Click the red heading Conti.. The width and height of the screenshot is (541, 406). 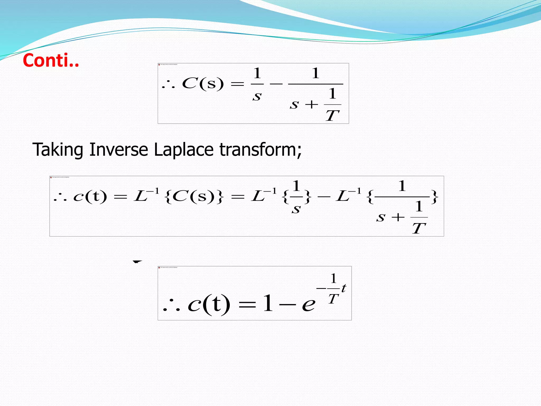(51, 61)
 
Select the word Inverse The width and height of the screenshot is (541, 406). (119, 150)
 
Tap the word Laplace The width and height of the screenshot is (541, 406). (184, 150)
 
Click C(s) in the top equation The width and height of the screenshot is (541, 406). (203, 84)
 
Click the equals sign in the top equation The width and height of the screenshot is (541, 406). (237, 84)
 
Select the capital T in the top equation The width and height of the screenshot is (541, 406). (332, 116)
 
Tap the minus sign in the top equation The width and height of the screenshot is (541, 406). (276, 84)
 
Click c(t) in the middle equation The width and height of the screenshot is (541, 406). (90, 197)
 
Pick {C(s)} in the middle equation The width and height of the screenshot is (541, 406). (194, 197)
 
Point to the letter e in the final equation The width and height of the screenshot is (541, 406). (309, 304)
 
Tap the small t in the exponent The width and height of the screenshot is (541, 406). (343, 288)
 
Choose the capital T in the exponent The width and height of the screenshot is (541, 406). (333, 299)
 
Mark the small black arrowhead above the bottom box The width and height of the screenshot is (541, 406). (137, 262)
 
